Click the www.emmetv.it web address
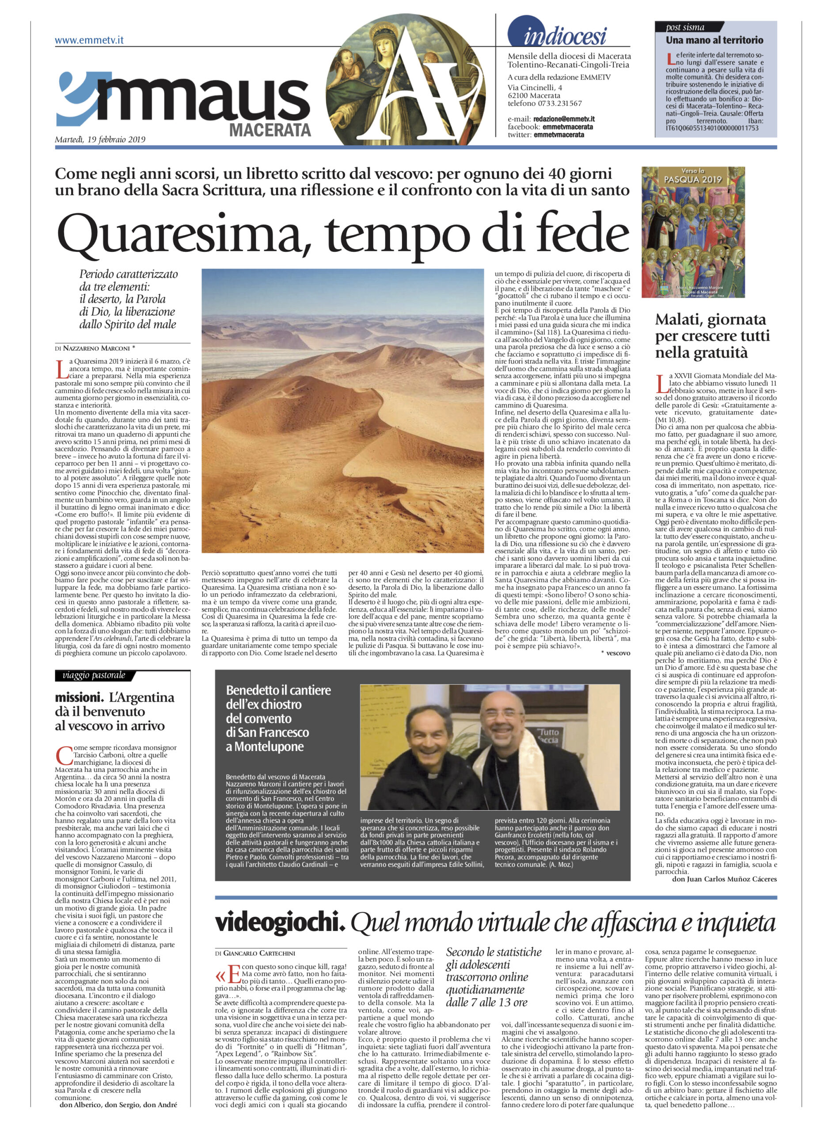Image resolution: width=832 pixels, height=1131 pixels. click(x=89, y=40)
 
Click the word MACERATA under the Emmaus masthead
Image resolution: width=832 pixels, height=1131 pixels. click(x=270, y=130)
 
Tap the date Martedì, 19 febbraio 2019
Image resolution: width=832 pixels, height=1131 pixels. click(x=100, y=140)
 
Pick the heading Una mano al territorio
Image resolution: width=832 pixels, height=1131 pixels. click(x=714, y=40)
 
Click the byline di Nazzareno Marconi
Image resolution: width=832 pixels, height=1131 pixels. click(x=96, y=348)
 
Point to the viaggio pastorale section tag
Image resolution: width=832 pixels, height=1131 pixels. click(x=94, y=675)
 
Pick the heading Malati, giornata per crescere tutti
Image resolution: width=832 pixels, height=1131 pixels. click(x=712, y=335)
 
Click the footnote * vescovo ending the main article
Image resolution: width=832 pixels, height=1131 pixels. click(x=615, y=653)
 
